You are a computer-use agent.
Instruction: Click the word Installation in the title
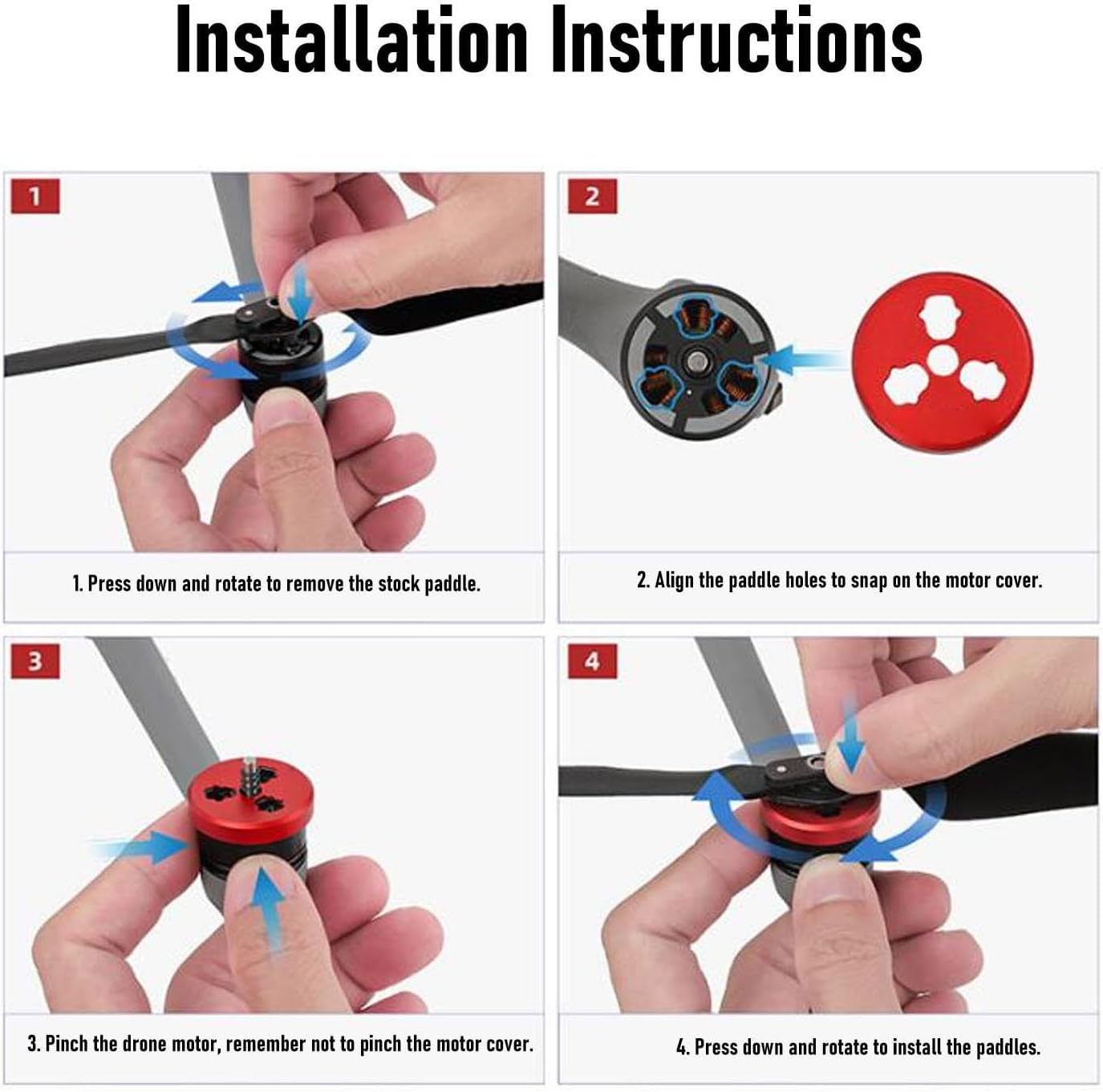coord(351,39)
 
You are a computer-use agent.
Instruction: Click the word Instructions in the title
coord(736,39)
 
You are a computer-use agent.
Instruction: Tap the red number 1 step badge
coord(35,197)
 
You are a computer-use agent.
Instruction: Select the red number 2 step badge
coord(593,197)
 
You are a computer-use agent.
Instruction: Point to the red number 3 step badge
coord(35,661)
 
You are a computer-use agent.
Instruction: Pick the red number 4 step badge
coord(593,661)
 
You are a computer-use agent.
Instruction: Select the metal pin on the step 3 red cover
coord(250,776)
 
